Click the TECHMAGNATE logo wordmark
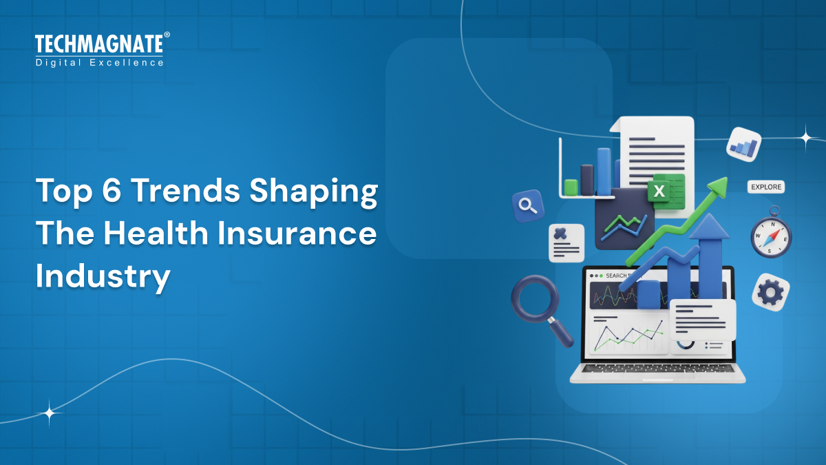coord(99,45)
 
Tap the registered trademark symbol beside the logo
coord(167,35)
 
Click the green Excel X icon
coord(659,190)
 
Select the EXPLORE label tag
coord(765,187)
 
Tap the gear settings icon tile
coord(770,293)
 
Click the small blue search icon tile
coord(528,205)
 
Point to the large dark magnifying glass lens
coord(533,298)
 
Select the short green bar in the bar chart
coord(571,187)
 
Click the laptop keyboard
coord(657,369)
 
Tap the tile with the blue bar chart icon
coord(743,145)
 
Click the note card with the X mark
coord(566,242)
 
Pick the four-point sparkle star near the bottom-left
coord(50,413)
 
